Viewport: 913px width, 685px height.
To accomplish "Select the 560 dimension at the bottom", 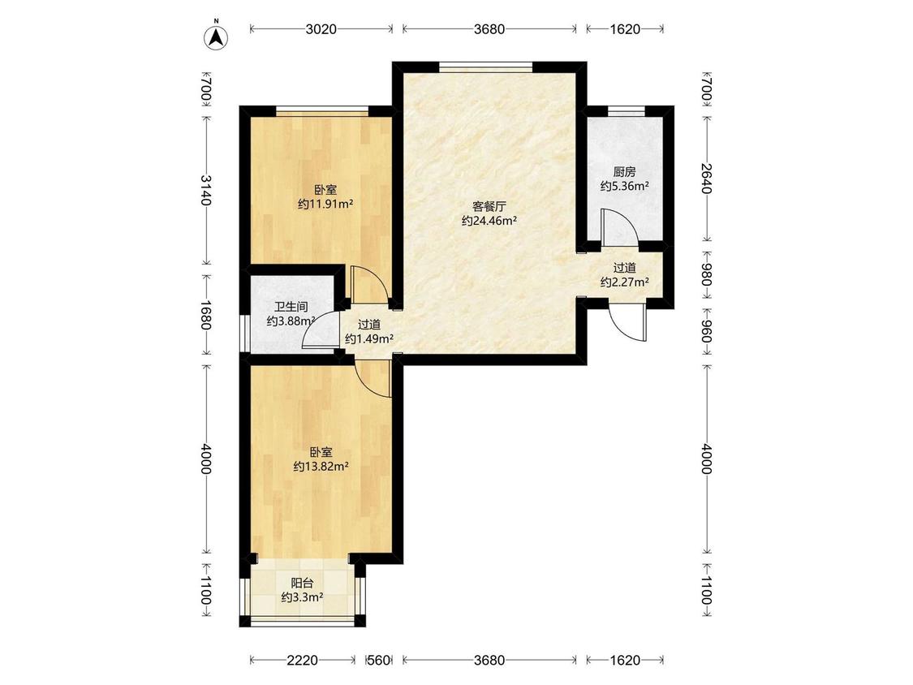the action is [379, 660].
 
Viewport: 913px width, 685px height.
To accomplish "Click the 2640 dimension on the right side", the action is [706, 179].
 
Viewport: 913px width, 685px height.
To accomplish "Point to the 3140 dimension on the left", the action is [206, 190].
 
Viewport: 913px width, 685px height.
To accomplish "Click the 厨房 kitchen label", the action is [624, 172].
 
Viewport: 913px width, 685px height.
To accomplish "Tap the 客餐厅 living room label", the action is [489, 206].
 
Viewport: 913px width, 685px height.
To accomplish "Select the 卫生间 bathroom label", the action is [291, 307].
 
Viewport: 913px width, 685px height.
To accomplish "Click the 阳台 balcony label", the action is [302, 583].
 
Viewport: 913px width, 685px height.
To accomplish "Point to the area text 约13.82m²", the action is [321, 466].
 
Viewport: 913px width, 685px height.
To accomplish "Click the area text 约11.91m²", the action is [326, 204].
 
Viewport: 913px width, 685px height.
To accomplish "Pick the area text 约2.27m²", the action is [625, 282].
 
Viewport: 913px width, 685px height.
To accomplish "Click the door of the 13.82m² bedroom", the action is [373, 378].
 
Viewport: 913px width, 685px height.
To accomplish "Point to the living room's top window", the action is [485, 67].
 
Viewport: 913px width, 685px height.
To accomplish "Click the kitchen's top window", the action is [627, 111].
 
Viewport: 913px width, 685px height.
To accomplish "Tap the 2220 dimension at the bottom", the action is [302, 660].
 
